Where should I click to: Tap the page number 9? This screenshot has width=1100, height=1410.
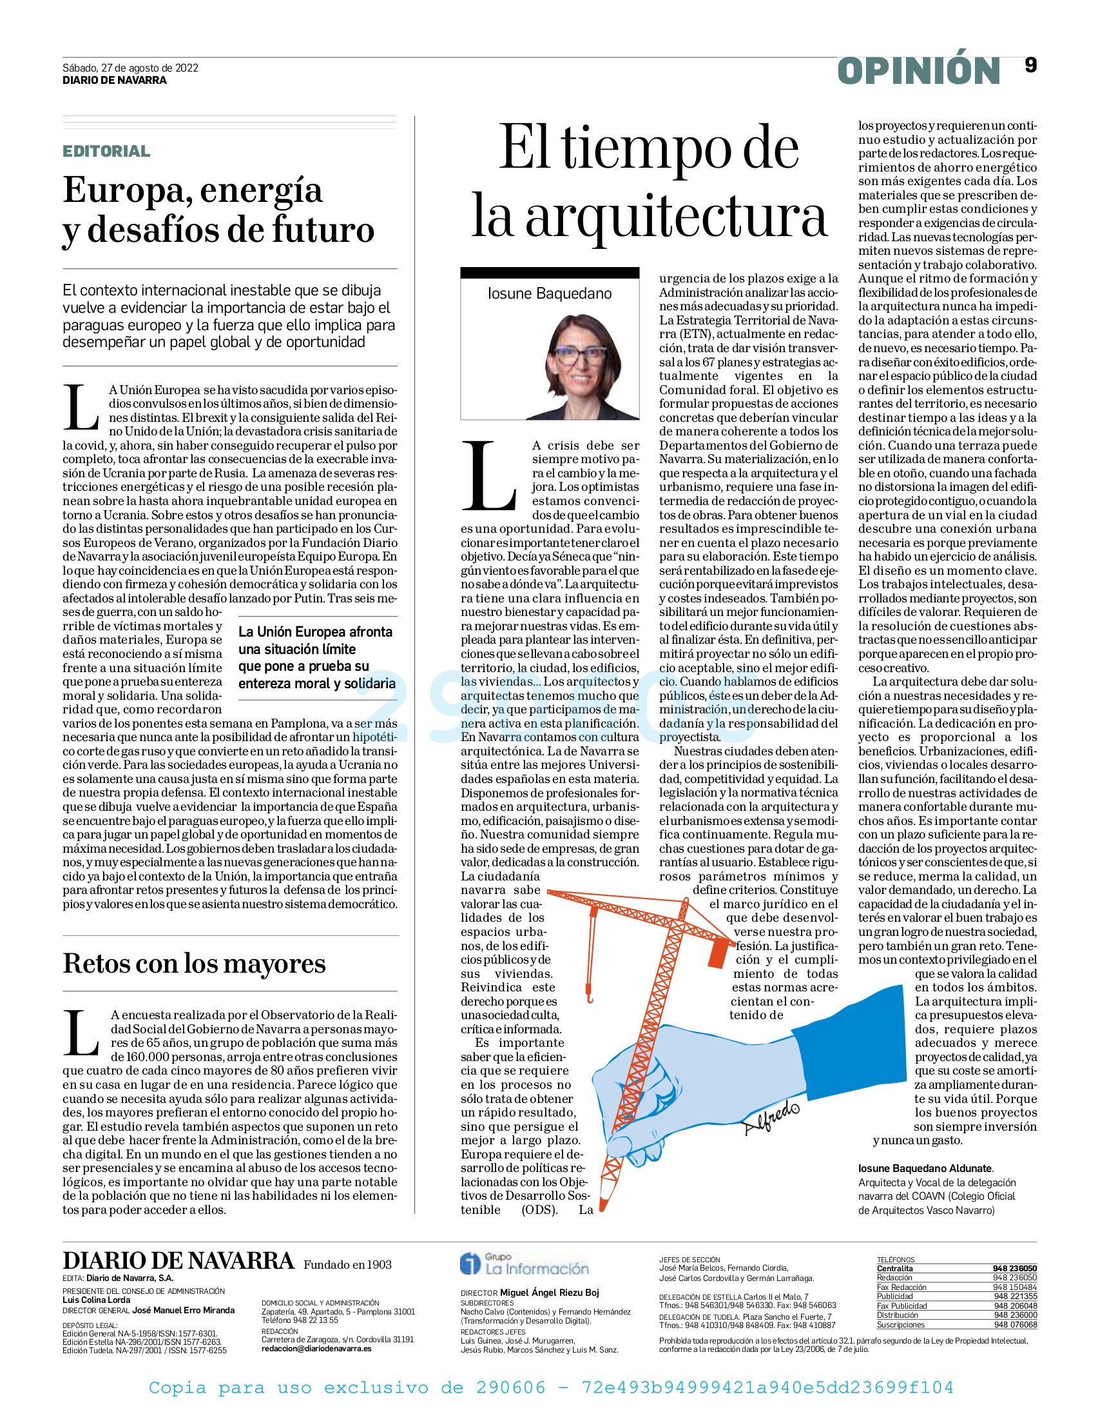tap(1030, 65)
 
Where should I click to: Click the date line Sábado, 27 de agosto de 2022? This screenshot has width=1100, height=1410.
tap(130, 68)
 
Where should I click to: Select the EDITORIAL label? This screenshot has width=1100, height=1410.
tap(106, 151)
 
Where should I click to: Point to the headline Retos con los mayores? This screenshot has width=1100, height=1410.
tap(194, 963)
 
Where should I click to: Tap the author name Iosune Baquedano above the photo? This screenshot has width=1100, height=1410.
tap(550, 293)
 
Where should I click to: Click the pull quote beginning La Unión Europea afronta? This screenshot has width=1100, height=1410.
tap(316, 657)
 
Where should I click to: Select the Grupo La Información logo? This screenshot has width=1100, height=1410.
tap(524, 1264)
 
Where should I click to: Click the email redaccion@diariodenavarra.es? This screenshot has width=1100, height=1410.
tap(316, 1349)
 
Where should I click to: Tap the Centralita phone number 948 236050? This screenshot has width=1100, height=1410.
tap(1014, 1269)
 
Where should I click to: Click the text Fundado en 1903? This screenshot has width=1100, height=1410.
tap(348, 1265)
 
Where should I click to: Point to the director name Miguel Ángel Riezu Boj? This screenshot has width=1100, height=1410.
tap(550, 1293)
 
